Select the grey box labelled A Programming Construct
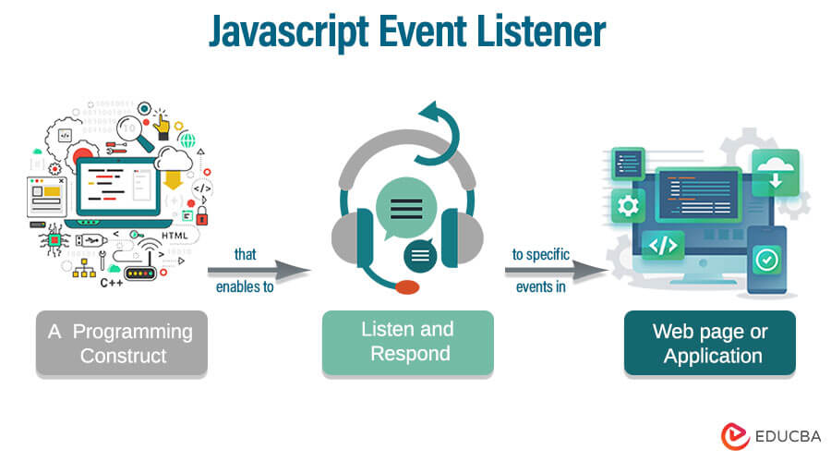(122, 343)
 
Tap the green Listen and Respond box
(407, 341)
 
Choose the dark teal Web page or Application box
(709, 343)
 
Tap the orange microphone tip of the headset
(407, 286)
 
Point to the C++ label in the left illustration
(112, 283)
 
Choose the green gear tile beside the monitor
(630, 204)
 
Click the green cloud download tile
(774, 172)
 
